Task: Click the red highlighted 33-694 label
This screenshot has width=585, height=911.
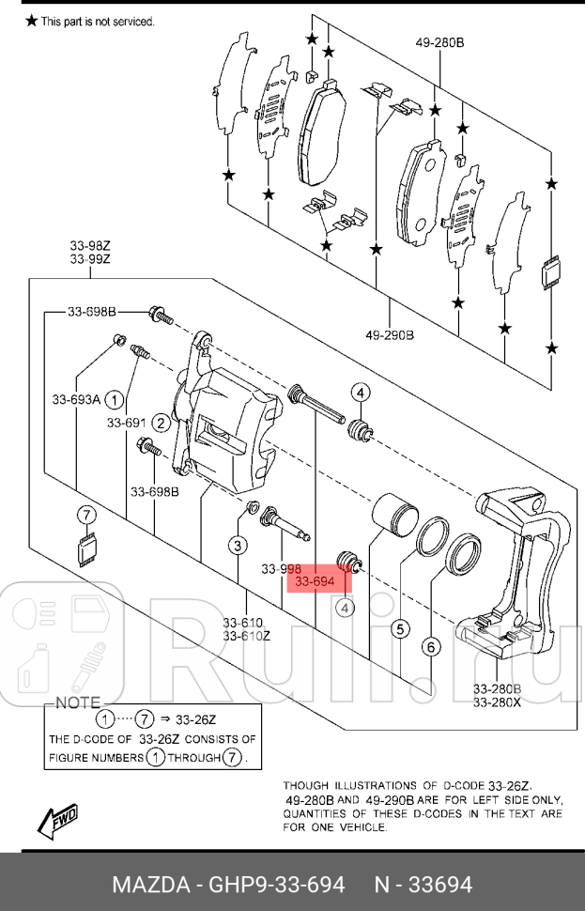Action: click(x=316, y=582)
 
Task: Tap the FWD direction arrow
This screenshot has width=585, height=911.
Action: click(x=58, y=819)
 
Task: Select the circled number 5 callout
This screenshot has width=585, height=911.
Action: click(x=399, y=629)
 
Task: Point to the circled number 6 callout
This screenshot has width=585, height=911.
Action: click(x=431, y=646)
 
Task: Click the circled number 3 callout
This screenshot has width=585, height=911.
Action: click(x=239, y=545)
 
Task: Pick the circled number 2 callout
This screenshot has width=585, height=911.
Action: click(x=162, y=423)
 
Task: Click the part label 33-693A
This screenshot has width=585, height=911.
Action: click(x=76, y=399)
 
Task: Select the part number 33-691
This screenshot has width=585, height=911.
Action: click(x=126, y=423)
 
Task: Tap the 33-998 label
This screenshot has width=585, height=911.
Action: click(x=281, y=569)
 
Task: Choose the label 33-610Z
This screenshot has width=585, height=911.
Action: click(x=247, y=636)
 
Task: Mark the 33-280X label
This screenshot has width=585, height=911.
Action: click(x=497, y=702)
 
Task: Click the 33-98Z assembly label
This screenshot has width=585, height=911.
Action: click(x=90, y=245)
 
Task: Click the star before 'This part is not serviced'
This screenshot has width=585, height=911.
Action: click(x=32, y=20)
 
